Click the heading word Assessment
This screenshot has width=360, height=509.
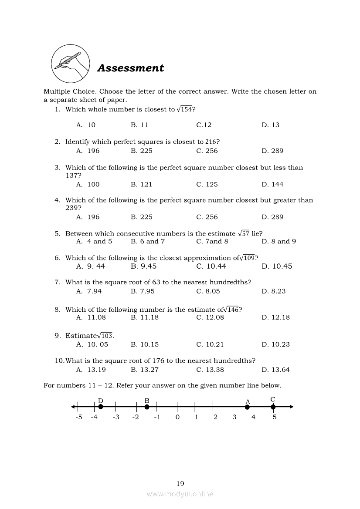click(130, 68)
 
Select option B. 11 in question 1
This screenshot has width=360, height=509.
click(139, 125)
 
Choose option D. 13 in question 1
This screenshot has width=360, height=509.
click(270, 125)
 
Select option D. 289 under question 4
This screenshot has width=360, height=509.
click(272, 217)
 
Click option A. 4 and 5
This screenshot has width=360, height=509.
click(94, 242)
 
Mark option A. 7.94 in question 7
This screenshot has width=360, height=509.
click(89, 291)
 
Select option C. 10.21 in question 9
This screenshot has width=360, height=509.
click(210, 344)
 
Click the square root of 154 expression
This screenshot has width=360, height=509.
click(184, 109)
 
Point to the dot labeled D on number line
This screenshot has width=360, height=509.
click(101, 407)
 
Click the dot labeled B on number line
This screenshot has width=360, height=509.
click(147, 407)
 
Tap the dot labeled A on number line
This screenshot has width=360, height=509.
click(247, 407)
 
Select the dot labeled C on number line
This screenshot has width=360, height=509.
click(273, 407)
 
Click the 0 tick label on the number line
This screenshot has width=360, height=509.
click(177, 417)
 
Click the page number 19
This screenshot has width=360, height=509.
click(180, 483)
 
